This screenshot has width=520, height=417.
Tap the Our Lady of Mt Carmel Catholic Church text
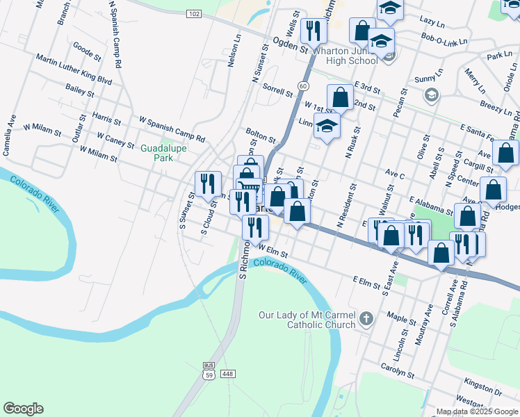307,320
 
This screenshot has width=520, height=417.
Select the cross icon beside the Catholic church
366,320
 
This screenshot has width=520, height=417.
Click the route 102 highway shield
194,13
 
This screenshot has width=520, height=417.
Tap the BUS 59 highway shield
209,370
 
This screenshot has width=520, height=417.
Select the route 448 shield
227,374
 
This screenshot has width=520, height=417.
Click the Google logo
23,408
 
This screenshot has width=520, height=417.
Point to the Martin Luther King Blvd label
74,70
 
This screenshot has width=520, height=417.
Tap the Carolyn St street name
397,369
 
